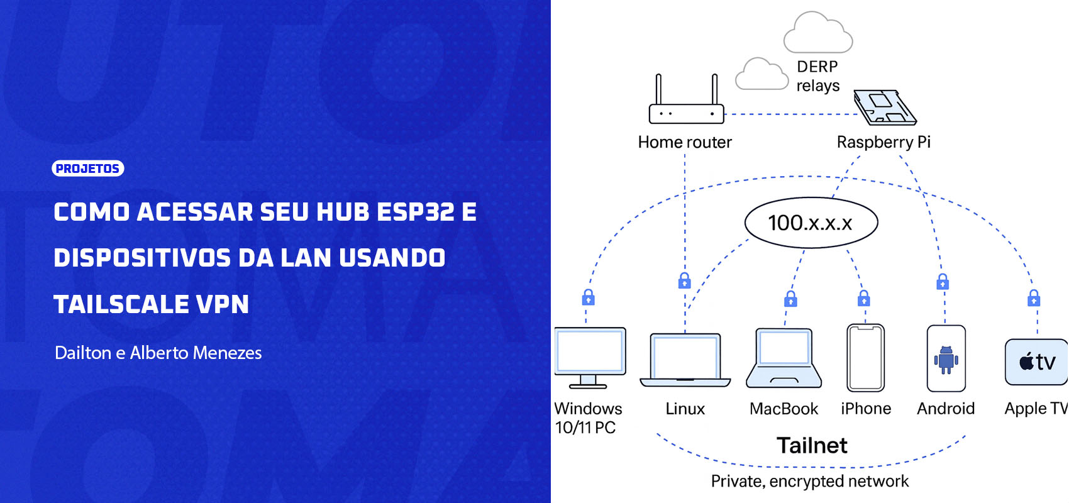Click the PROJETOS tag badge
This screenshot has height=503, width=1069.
pyautogui.click(x=87, y=169)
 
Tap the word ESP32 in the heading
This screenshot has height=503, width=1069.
pyautogui.click(x=415, y=212)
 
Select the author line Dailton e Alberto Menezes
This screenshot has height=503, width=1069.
pyautogui.click(x=158, y=353)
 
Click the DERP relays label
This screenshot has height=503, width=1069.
pyautogui.click(x=817, y=76)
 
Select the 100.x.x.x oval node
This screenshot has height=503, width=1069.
pyautogui.click(x=811, y=223)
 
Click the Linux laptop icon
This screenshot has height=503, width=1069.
pyautogui.click(x=685, y=360)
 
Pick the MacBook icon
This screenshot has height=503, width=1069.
pyautogui.click(x=784, y=358)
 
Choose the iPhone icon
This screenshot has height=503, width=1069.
pyautogui.click(x=866, y=358)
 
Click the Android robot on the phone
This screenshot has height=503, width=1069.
pyautogui.click(x=946, y=359)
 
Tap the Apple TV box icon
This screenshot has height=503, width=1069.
pyautogui.click(x=1036, y=362)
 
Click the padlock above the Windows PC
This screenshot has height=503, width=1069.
pyautogui.click(x=588, y=297)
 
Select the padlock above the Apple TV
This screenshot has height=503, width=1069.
pyautogui.click(x=1034, y=297)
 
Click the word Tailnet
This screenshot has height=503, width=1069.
pyautogui.click(x=812, y=445)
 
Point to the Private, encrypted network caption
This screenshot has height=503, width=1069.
pyautogui.click(x=810, y=481)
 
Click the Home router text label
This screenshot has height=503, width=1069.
pyautogui.click(x=685, y=142)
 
